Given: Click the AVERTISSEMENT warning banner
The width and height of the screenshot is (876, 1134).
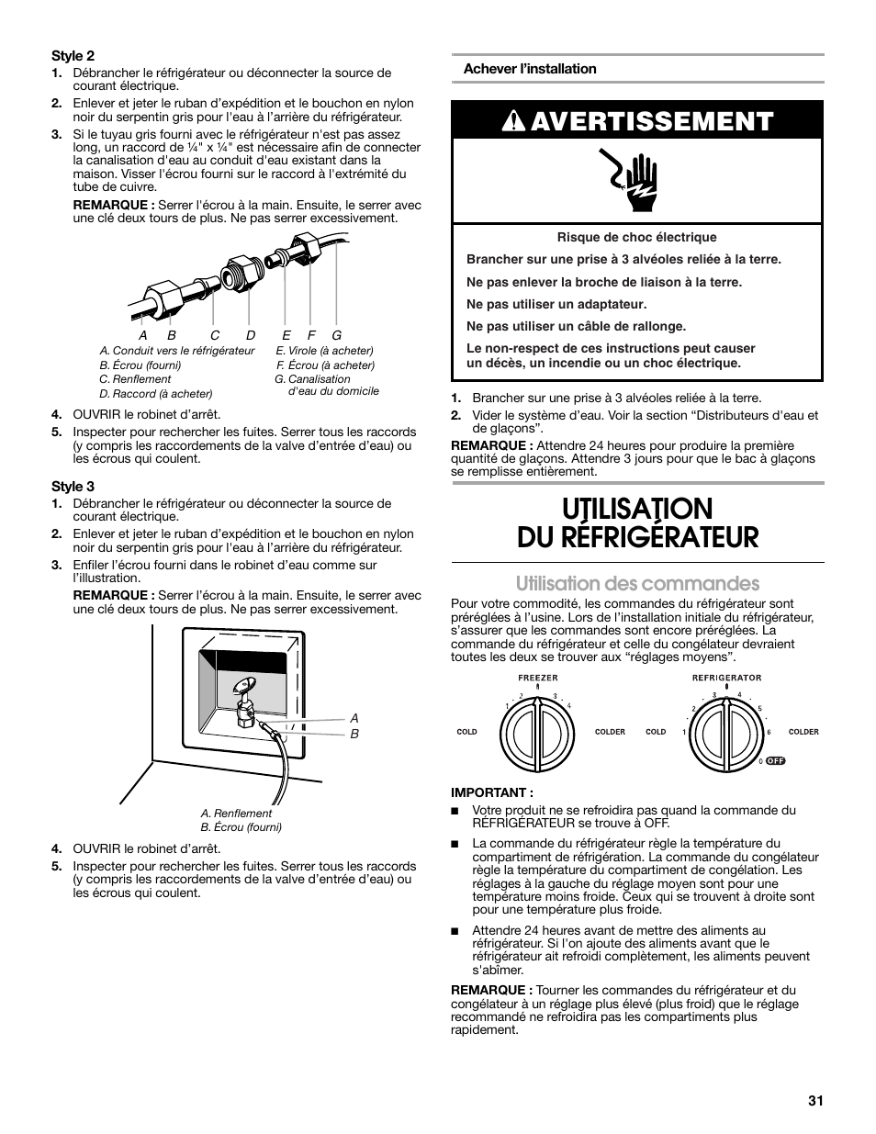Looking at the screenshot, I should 637,121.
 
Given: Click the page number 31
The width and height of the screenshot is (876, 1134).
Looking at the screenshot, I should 815,1102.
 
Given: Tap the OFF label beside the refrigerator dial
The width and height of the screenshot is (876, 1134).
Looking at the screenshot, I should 777,761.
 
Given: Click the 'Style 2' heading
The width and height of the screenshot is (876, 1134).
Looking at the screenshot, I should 73,55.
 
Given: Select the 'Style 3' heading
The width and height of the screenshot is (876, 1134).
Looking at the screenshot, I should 73,486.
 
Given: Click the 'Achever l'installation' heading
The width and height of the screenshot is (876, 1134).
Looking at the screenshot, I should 529,69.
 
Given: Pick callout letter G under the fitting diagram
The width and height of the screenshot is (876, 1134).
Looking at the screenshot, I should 337,336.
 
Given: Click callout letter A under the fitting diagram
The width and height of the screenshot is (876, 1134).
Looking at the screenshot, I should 143,336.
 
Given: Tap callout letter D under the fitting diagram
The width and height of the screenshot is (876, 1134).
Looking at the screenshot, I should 250,336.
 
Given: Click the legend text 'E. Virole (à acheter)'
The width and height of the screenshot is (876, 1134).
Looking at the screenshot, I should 324,351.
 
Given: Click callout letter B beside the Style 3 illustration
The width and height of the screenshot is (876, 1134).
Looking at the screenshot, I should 354,735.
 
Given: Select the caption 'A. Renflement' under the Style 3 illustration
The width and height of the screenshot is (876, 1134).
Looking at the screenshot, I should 236,813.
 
